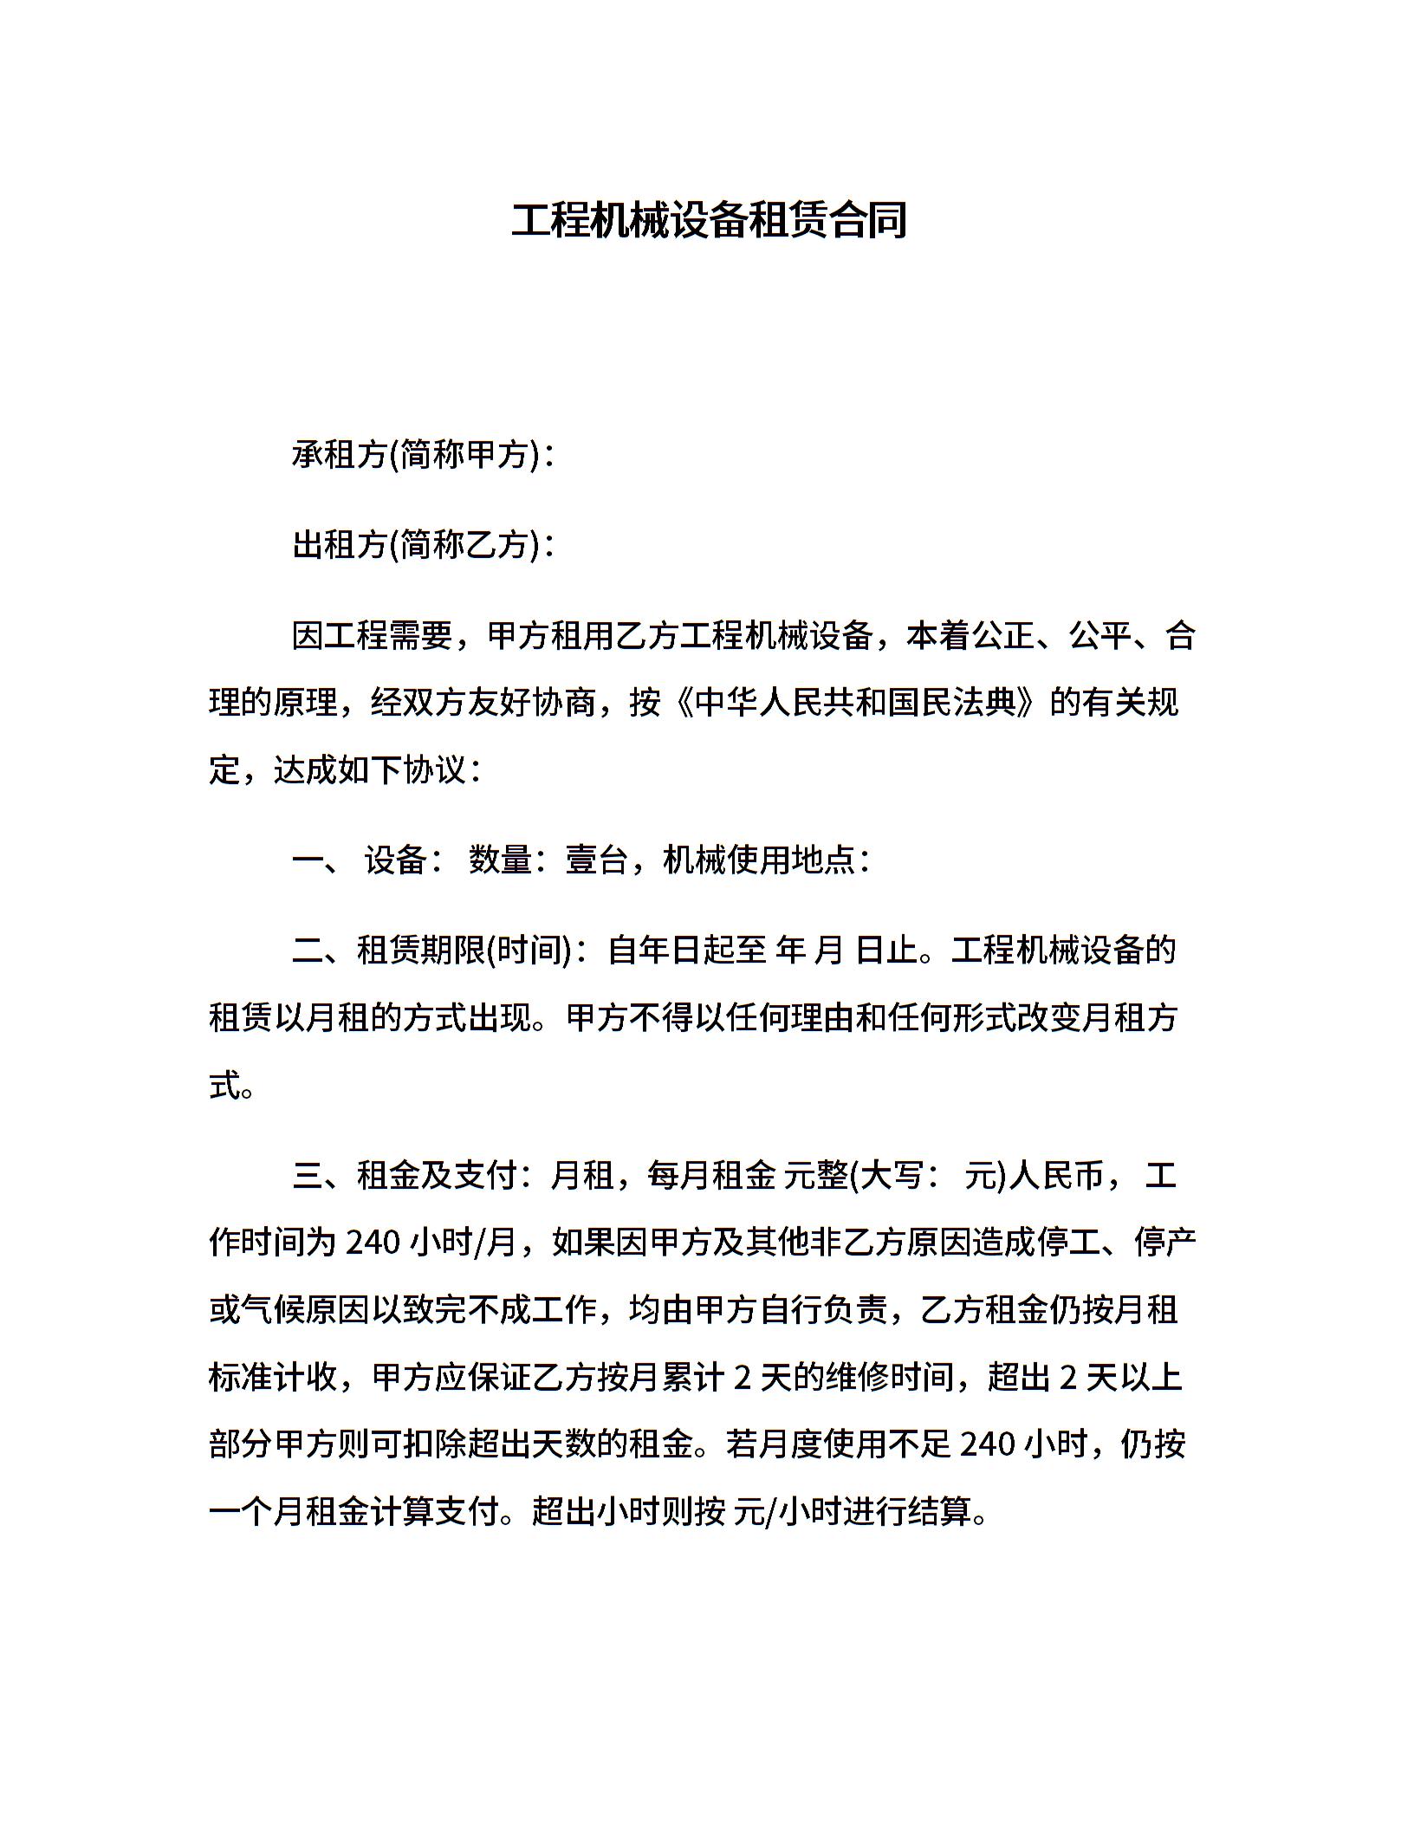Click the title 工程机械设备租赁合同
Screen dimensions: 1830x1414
(x=708, y=220)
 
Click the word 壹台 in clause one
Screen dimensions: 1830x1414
(x=596, y=860)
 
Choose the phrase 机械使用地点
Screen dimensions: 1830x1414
(x=759, y=860)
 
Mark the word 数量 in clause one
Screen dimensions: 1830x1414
(x=500, y=860)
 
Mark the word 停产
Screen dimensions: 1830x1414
(x=1164, y=1243)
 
